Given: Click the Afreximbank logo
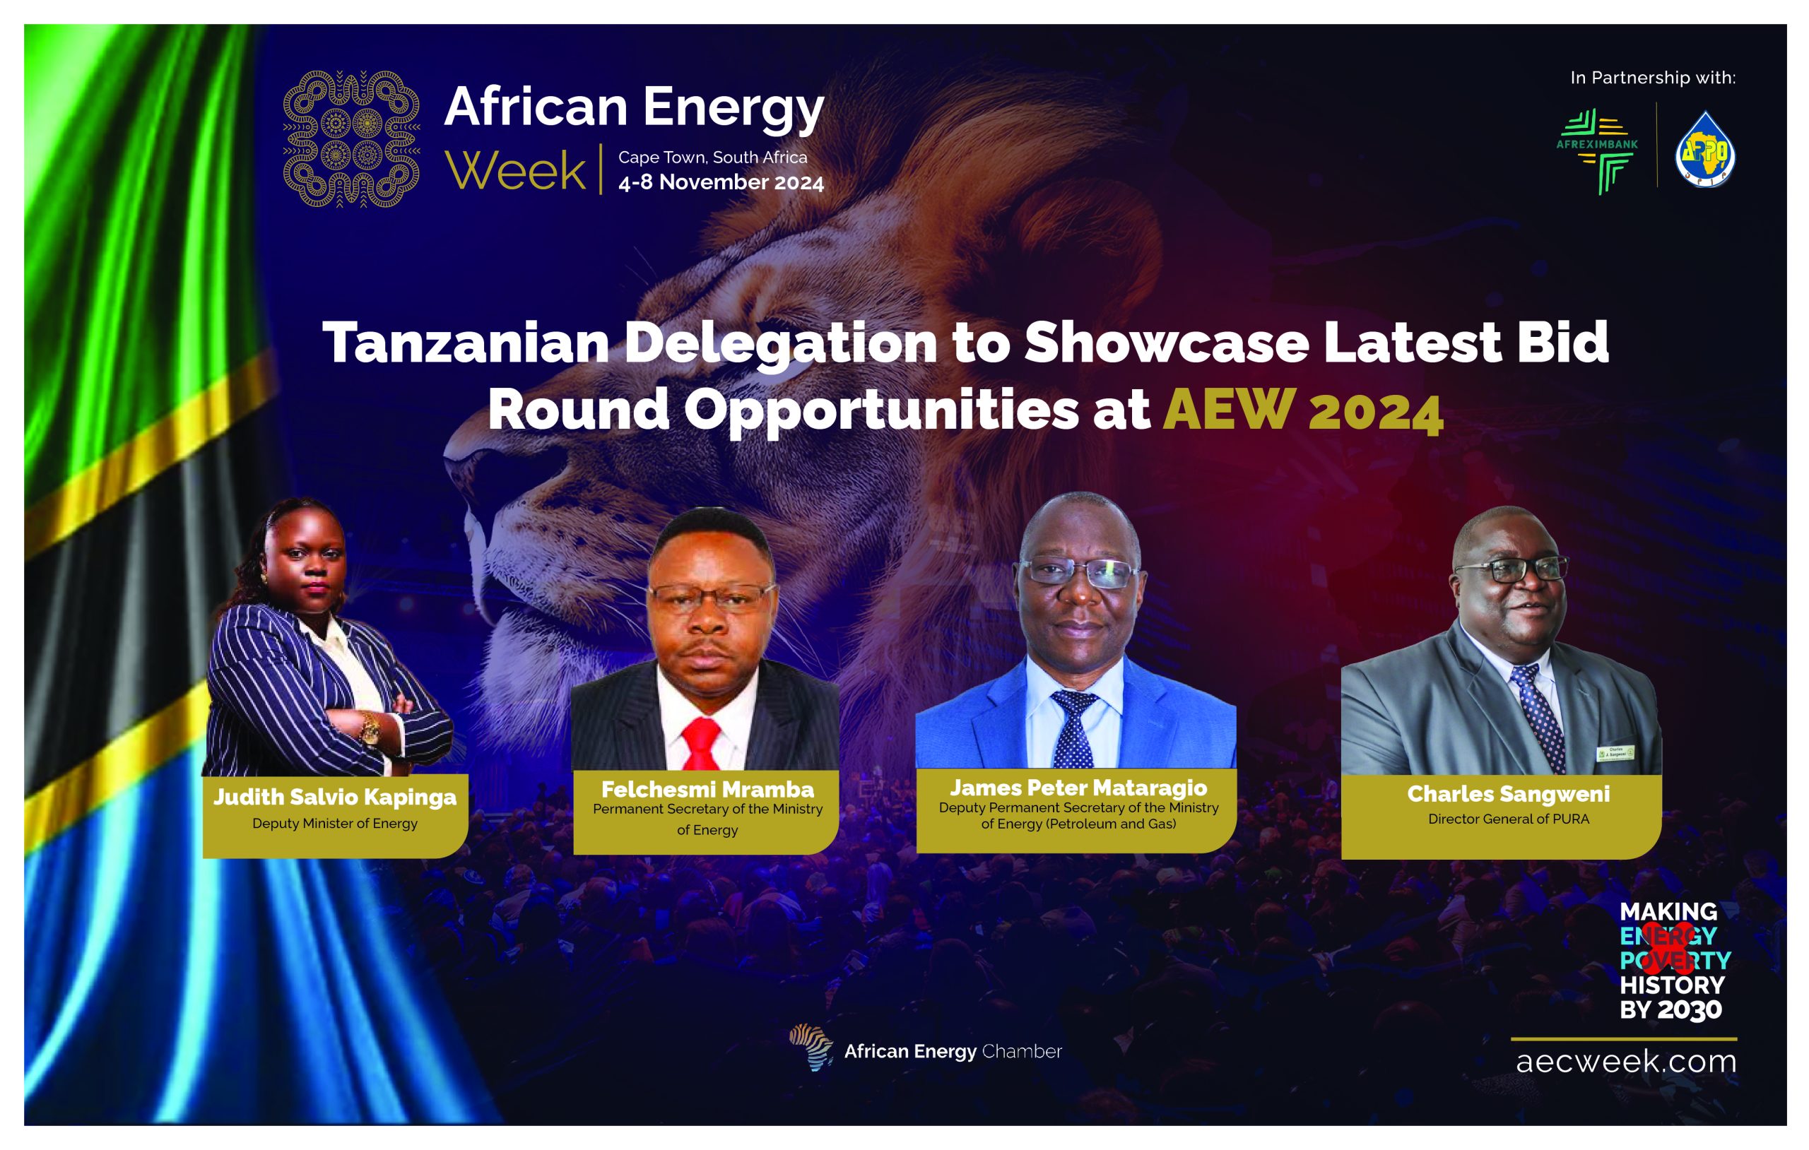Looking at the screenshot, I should click(x=1596, y=151).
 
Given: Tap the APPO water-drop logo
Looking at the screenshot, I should click(x=1705, y=150).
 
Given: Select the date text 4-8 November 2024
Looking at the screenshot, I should click(x=721, y=182).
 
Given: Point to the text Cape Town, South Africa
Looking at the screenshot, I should click(x=712, y=158).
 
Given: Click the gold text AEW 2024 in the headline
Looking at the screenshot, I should click(x=1302, y=410).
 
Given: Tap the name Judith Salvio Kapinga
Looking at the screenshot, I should click(x=335, y=797).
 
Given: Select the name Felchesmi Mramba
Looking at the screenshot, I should click(x=707, y=790).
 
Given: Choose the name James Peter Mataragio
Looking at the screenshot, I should click(x=1078, y=787).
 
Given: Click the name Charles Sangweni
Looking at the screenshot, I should click(x=1508, y=794).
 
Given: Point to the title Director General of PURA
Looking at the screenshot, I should click(x=1508, y=819).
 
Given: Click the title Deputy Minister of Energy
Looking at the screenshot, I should click(x=335, y=823).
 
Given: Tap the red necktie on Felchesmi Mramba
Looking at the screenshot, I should click(x=702, y=744).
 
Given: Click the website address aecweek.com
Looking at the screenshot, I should click(x=1626, y=1062).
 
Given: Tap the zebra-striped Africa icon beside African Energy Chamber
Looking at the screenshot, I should click(x=811, y=1046).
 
